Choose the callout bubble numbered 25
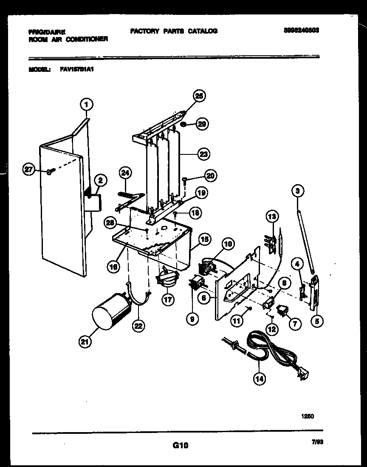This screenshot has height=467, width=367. coord(198,97)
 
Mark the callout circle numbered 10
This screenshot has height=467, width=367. coord(228,244)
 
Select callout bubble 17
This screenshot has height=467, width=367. coord(168,299)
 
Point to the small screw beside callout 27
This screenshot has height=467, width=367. coord(50,172)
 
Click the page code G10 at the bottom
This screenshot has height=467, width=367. coord(180,445)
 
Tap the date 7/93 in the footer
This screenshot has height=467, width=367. coord(317,442)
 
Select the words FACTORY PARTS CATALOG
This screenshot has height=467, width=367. coord(174,31)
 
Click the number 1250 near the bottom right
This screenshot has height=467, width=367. coord(308,416)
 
